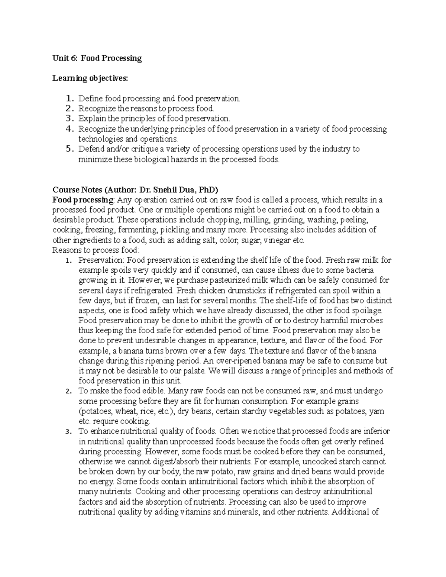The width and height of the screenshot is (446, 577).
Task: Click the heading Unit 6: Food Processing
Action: click(97, 58)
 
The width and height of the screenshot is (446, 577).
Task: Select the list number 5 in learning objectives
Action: click(68, 149)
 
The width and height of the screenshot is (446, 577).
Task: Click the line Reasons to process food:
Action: click(96, 250)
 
